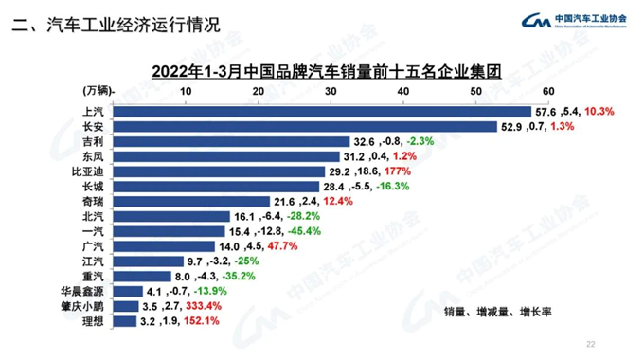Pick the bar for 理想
pos(124,322)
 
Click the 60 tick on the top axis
pos(547,90)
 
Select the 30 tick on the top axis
pos(331,90)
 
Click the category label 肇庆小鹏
pos(85,307)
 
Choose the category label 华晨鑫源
pos(85,292)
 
